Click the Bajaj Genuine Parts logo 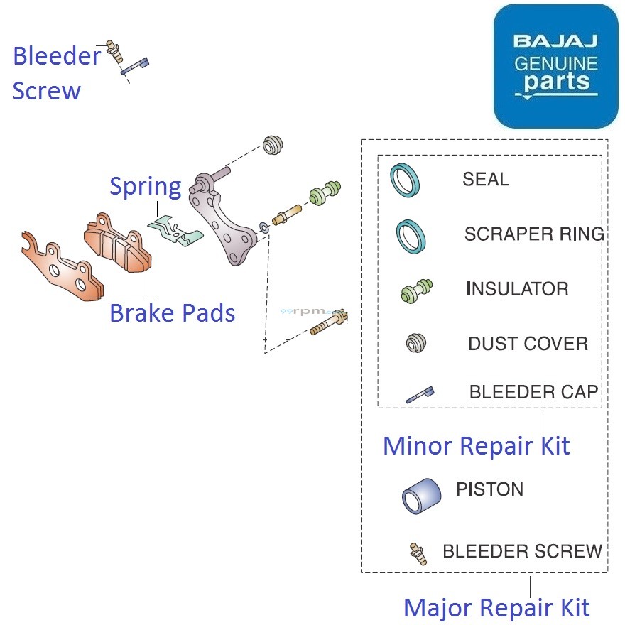pos(555,65)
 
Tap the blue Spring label pos(145,187)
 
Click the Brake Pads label pos(172,312)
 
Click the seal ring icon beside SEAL pos(405,180)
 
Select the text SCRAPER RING pos(533,234)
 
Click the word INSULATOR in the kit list pos(517,289)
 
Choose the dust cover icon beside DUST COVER pos(415,344)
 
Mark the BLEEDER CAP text pos(533,392)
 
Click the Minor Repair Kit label pos(476,446)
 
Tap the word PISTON pos(489,489)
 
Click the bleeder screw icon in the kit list pos(418,553)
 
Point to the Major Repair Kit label pos(496,608)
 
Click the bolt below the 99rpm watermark pos(329,324)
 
